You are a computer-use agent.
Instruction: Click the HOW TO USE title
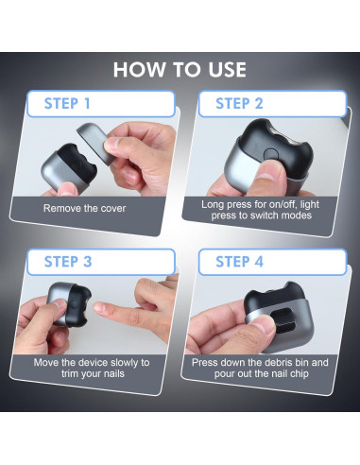tap(180, 70)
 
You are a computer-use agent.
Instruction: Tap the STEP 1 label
tap(67, 104)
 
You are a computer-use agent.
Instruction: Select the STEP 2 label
tap(239, 104)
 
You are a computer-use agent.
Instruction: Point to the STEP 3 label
tap(68, 262)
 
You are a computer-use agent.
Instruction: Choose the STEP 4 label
tap(239, 262)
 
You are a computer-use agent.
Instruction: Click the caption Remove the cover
tap(84, 208)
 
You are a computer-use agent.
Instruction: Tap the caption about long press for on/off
tap(261, 210)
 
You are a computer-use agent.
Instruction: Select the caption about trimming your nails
tap(92, 368)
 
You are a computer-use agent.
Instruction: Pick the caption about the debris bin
tap(260, 368)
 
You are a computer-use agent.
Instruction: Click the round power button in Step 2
tap(270, 155)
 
